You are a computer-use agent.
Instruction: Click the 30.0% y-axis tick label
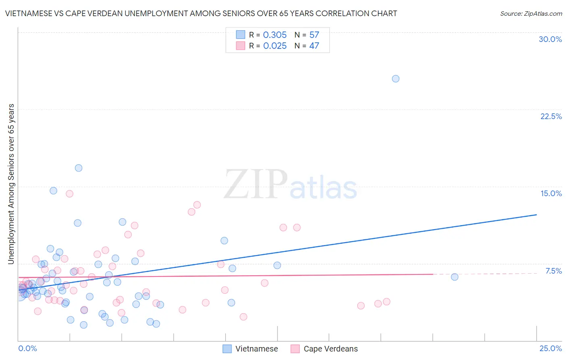tap(550, 39)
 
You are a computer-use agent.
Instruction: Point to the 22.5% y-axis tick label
tap(551, 116)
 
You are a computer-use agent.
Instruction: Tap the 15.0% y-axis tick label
tap(551, 193)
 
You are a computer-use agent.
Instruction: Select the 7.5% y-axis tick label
tap(553, 271)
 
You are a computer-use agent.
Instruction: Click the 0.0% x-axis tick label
tap(27, 348)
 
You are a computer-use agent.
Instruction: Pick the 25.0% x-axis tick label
tap(550, 348)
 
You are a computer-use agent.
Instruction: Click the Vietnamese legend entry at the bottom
tap(250, 349)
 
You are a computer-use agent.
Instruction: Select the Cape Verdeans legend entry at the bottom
tap(324, 349)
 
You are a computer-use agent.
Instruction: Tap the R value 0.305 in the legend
tap(275, 35)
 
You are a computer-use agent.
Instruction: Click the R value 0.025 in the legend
tap(275, 46)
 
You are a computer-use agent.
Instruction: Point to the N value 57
tap(314, 35)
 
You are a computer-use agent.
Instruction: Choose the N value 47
tap(314, 46)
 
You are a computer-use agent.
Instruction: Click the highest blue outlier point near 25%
tap(396, 79)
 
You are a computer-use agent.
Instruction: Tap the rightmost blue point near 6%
tap(454, 277)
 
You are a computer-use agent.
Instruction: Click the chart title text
tap(201, 13)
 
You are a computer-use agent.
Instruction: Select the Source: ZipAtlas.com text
tap(531, 13)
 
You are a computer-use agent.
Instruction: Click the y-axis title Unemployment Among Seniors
tap(11, 184)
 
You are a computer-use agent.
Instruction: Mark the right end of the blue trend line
tap(536, 215)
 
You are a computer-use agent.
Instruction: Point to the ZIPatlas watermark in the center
tap(290, 185)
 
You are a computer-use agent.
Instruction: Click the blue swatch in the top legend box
tap(240, 35)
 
